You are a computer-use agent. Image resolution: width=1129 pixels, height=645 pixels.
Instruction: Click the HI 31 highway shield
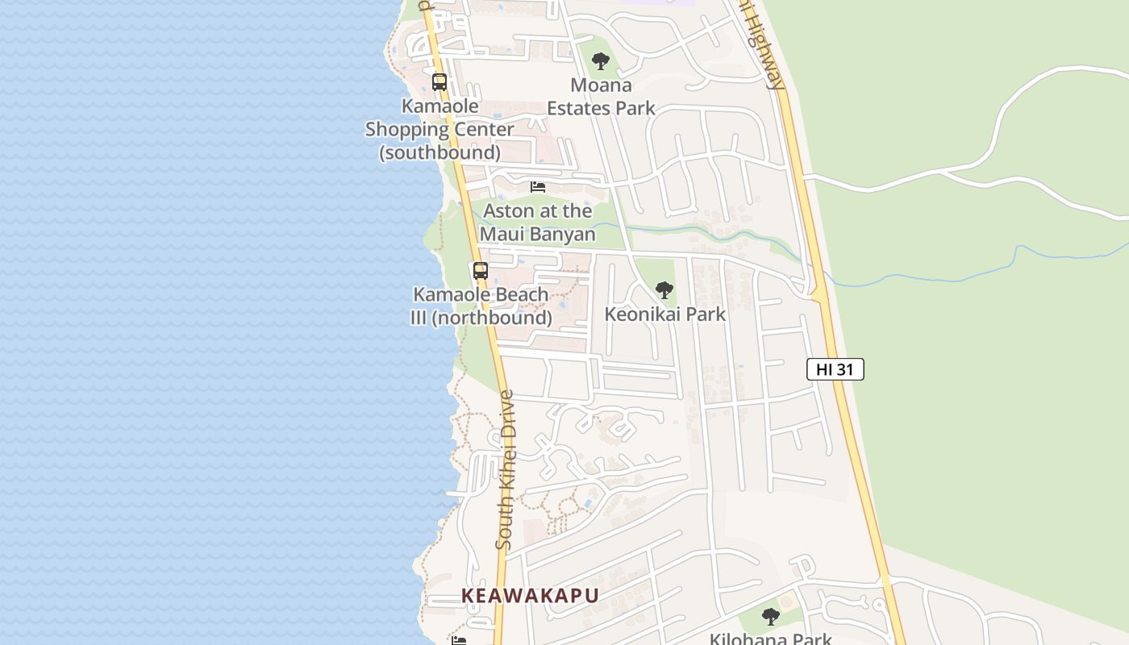[x=835, y=369]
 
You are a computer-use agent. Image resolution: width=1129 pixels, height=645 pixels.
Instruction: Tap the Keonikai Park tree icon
[x=664, y=289]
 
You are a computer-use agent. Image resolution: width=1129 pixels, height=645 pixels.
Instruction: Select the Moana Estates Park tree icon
[x=600, y=60]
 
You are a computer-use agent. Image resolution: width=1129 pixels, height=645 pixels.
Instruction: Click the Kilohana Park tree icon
[x=771, y=617]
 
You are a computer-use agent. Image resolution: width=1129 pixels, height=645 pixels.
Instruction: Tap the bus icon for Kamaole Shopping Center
[x=439, y=81]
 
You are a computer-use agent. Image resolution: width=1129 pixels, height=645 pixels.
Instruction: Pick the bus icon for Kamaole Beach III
[x=480, y=270]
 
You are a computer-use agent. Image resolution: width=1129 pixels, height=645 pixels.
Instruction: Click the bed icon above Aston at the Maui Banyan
[x=538, y=187]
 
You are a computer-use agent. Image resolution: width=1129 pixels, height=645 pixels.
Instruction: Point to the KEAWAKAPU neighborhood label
[x=530, y=596]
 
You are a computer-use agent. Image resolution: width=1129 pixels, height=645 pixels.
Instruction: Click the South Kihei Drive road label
[x=506, y=470]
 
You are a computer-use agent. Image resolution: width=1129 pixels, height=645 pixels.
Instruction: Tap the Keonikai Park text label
[x=665, y=314]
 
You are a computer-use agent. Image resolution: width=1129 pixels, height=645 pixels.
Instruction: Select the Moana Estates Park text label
[x=601, y=96]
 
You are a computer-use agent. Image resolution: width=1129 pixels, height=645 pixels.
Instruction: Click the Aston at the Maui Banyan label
[x=538, y=223]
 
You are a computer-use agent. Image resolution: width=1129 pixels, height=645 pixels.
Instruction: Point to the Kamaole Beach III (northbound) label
[x=481, y=306]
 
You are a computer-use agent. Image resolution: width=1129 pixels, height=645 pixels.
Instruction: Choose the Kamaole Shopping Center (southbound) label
[x=440, y=129]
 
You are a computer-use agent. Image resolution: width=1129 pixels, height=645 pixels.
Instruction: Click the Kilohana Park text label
[x=770, y=639]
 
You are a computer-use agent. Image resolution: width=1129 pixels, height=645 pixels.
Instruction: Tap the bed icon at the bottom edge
[x=459, y=640]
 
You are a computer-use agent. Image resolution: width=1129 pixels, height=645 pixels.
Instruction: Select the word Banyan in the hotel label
[x=566, y=235]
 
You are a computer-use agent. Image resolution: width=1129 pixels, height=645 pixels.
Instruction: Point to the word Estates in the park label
[x=582, y=107]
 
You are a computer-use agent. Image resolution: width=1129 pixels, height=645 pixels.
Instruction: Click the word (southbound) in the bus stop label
[x=440, y=152]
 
